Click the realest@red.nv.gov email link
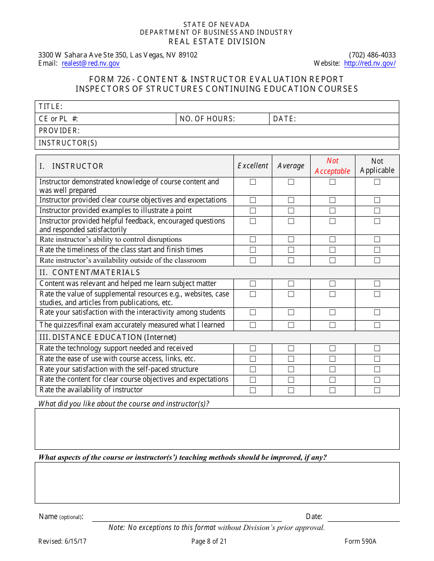(90, 63)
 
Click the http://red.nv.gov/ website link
(370, 63)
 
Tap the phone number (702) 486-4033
(372, 55)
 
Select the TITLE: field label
(50, 107)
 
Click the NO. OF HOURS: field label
(207, 119)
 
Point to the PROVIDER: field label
(59, 131)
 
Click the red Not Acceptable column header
(332, 166)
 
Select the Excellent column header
(253, 166)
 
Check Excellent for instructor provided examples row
(253, 211)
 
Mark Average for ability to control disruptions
(291, 239)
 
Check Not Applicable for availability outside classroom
(377, 260)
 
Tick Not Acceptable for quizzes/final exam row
(332, 325)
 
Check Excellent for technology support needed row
(253, 348)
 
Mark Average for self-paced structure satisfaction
(291, 369)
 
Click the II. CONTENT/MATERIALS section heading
(90, 273)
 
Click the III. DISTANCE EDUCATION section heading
(107, 338)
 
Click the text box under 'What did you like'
(217, 429)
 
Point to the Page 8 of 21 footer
(209, 542)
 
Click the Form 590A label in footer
(360, 542)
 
